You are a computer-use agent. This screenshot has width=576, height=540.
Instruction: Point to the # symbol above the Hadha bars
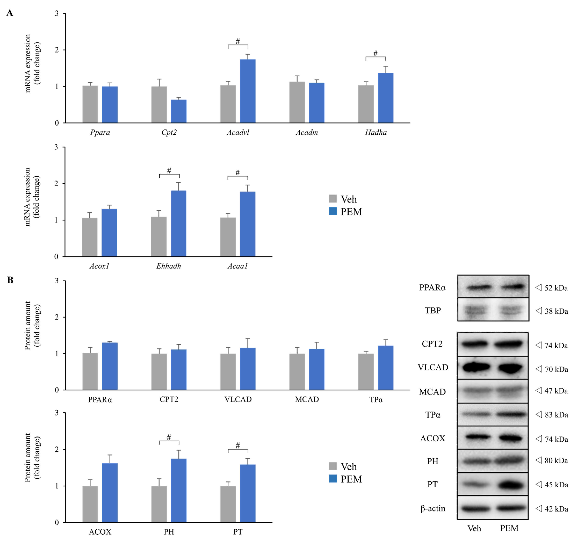[x=375, y=53]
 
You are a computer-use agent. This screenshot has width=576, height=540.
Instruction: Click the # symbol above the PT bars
[x=238, y=445]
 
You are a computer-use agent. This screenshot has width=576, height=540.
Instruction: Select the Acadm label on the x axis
[x=307, y=133]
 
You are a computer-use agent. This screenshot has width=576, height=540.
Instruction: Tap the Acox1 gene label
[x=99, y=266]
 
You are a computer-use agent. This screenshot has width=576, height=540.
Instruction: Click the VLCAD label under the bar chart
[x=238, y=399]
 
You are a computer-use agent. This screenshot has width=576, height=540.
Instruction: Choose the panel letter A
[x=10, y=13]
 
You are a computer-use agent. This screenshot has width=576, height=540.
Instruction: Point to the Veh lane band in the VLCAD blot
[x=476, y=367]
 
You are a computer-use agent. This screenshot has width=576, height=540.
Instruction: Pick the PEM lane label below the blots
[x=509, y=528]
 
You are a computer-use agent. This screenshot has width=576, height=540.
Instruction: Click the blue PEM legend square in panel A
[x=333, y=211]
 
